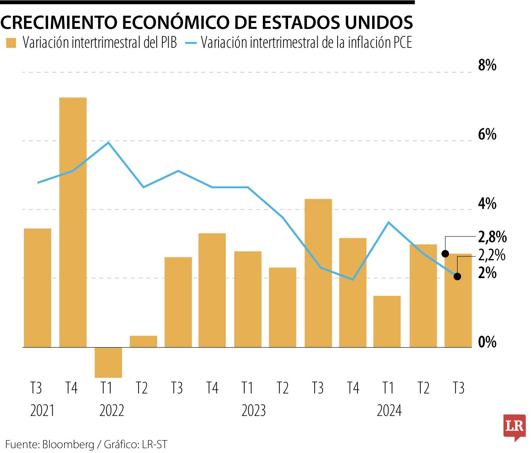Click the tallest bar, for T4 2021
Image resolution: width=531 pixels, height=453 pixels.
[x=73, y=221]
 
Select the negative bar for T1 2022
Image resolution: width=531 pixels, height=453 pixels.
[x=108, y=362]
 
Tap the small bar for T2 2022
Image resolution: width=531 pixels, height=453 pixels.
[x=143, y=341]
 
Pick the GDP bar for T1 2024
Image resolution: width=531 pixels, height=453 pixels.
[x=387, y=321]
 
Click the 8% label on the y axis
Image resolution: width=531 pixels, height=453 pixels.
[x=487, y=66]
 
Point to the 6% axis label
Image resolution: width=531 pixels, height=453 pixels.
[x=487, y=135]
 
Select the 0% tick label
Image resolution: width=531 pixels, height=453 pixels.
[x=487, y=342]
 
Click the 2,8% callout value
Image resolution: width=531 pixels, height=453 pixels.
[x=492, y=237]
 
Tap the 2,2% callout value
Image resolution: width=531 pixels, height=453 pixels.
[x=492, y=256]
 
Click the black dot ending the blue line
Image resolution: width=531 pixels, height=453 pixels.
[x=458, y=276]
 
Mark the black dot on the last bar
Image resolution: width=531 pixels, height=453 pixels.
[x=446, y=254]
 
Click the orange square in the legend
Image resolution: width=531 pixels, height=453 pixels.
[x=11, y=43]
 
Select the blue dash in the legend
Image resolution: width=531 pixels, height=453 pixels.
[x=190, y=43]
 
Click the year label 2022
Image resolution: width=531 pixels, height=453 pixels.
[x=112, y=410]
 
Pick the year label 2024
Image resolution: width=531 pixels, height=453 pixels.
[x=389, y=410]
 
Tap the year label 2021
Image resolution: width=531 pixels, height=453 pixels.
[x=42, y=410]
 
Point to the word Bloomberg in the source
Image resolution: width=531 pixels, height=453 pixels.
[x=68, y=444]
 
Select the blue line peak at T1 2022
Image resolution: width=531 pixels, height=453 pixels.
[x=108, y=142]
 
